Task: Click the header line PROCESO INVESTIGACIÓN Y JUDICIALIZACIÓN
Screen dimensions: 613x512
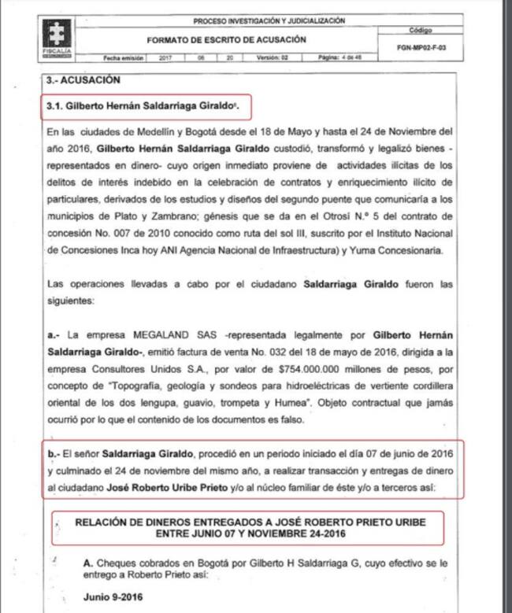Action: click(x=269, y=21)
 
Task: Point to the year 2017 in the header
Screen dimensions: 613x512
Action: click(x=167, y=58)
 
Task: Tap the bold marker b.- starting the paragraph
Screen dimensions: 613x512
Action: click(x=54, y=454)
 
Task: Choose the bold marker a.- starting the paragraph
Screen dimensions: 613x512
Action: click(x=54, y=334)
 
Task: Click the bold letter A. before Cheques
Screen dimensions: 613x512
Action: click(x=87, y=563)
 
